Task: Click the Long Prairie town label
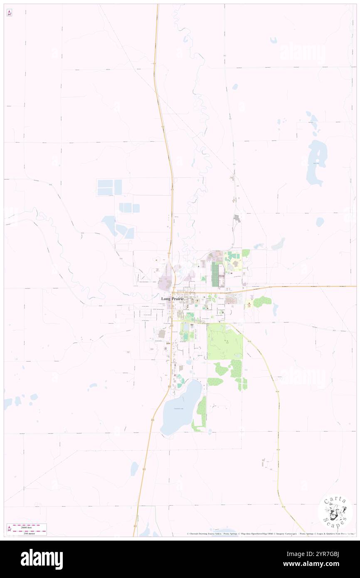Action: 175,299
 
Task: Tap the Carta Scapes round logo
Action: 335,513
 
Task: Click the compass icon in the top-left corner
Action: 9,13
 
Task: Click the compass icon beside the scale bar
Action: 10,529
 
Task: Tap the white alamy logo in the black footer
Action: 42,559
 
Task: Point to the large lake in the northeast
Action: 317,162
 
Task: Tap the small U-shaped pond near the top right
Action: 273,40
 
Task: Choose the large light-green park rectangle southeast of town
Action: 224,342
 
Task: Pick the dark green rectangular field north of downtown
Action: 215,274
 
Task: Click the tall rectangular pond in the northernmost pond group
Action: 118,187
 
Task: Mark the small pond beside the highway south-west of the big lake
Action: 134,469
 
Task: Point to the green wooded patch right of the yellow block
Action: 262,301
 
